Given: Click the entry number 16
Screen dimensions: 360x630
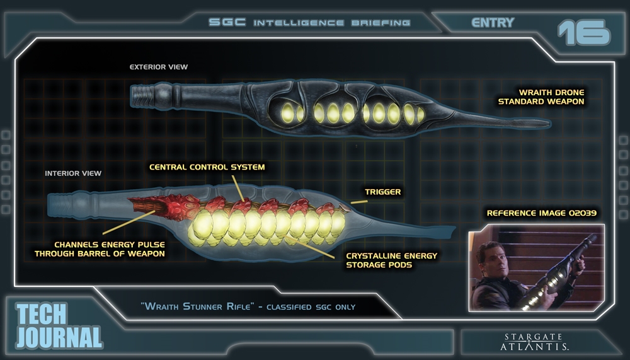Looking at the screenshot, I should pyautogui.click(x=584, y=32).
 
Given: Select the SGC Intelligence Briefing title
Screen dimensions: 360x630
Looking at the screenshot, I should pyautogui.click(x=309, y=23).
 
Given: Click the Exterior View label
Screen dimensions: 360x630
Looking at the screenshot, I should pyautogui.click(x=158, y=67).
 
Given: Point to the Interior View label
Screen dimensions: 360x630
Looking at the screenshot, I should pyautogui.click(x=73, y=173).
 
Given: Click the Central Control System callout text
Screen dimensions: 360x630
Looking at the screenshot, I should pyautogui.click(x=207, y=167).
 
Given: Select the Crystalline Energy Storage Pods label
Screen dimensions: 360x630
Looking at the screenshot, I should pyautogui.click(x=391, y=260).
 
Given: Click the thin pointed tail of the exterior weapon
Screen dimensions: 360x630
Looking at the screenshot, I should pyautogui.click(x=504, y=118).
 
